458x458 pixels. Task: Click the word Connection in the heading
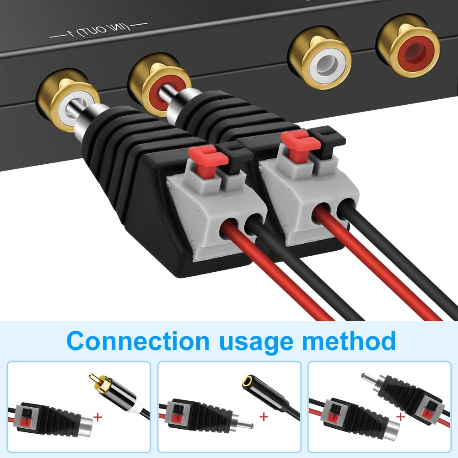[138, 340]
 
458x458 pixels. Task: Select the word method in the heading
[349, 340]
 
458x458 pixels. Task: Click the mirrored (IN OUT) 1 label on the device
[99, 31]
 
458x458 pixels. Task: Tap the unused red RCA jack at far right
[408, 44]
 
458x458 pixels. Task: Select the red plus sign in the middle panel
[264, 416]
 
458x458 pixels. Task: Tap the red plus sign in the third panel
[401, 416]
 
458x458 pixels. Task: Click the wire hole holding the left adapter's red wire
[228, 226]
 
